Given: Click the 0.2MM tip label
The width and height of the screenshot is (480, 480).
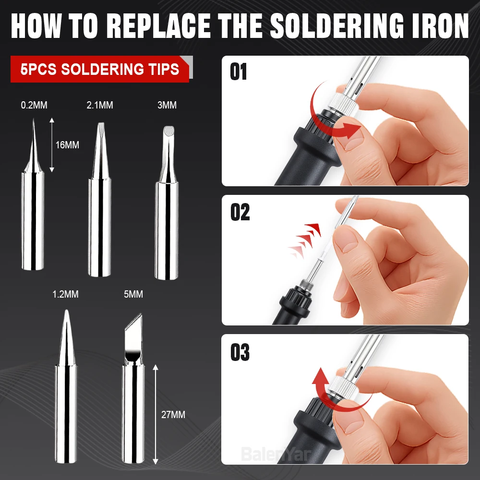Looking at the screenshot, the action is pos(34,105).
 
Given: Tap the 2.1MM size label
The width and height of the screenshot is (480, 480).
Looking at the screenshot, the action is pos(100,105).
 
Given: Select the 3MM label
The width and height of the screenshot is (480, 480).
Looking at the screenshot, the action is pos(167,105).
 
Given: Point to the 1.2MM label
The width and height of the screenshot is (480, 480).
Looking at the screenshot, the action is pos(65,294).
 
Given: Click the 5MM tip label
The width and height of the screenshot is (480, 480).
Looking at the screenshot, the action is pos(133,294).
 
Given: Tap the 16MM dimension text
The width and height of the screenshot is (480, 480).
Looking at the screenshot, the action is pos(67,145).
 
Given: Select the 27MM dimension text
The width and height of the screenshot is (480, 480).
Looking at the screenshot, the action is pos(173,415).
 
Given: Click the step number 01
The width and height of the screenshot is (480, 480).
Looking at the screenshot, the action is pos(238,72).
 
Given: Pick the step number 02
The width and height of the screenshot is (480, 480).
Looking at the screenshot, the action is pos(240,212).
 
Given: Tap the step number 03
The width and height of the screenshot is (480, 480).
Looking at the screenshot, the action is pos(240,352).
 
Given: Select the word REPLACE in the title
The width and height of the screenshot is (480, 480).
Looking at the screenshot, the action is pos(158,26).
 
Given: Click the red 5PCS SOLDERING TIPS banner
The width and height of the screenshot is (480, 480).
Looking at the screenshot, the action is pos(100,69).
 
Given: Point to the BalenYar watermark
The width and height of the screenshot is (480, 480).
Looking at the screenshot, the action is pos(276,454).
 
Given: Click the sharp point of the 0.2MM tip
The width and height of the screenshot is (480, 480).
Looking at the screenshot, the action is pos(34,119).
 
